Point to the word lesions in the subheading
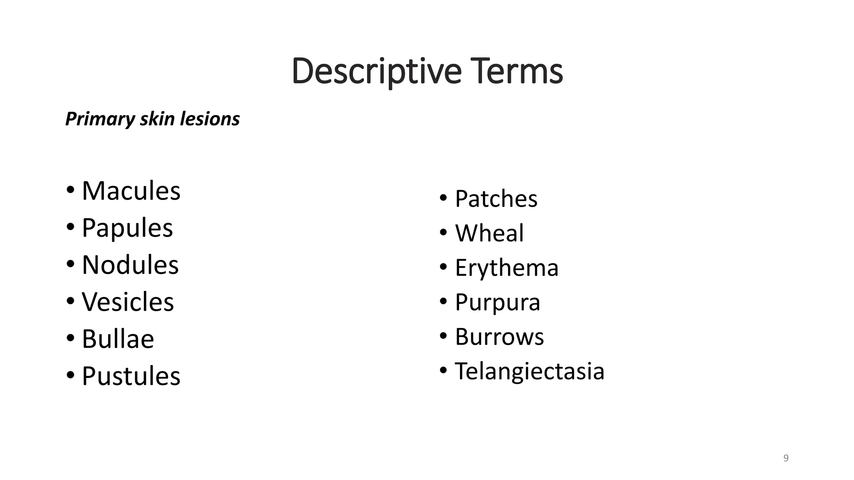pos(210,119)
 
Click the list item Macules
pos(131,191)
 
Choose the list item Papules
pos(127,228)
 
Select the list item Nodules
pos(130,265)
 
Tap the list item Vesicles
pos(128,302)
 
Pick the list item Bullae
pos(118,339)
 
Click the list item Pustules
pos(131,376)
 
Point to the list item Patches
pos(496,199)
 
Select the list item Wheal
pos(489,233)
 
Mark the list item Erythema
pos(507,267)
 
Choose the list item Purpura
pos(497,302)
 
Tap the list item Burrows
pos(499,337)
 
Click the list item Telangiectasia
pos(529,371)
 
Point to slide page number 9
pos(786,458)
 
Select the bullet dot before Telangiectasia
pos(443,369)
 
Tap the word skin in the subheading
pos(157,119)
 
